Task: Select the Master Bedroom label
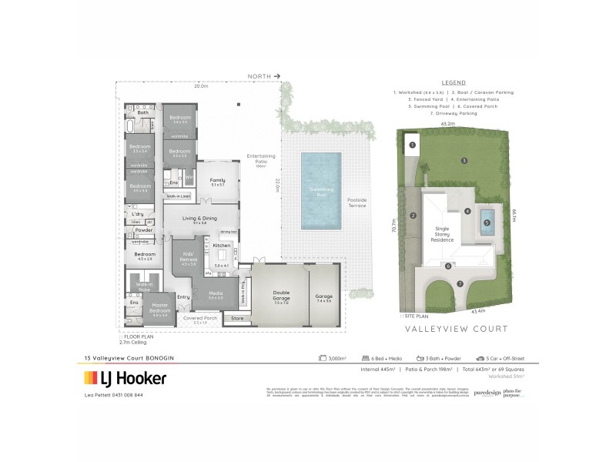160,310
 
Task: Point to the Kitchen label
222,245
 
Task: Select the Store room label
237,317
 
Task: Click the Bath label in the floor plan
142,112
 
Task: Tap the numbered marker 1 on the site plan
413,144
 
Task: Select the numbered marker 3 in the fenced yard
464,160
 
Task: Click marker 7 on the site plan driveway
460,283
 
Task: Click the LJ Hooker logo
125,378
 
